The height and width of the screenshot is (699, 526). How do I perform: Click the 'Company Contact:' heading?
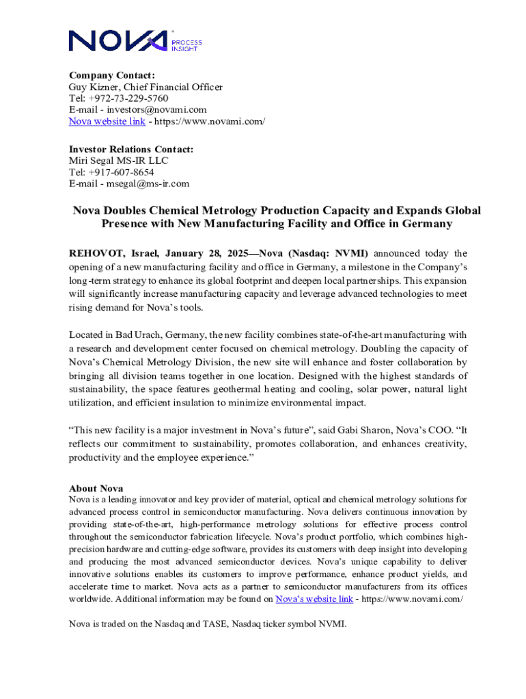click(x=111, y=75)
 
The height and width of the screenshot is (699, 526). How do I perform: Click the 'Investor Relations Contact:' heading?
click(x=130, y=149)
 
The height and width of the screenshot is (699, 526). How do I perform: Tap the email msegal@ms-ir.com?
click(x=146, y=184)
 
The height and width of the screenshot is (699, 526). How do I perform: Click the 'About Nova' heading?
click(x=96, y=488)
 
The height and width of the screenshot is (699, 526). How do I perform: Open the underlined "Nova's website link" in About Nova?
click(x=314, y=599)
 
